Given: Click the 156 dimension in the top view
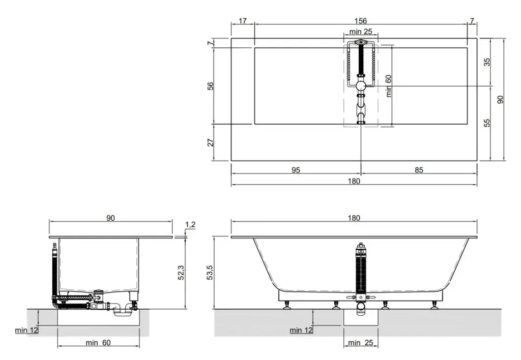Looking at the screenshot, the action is (x=361, y=21).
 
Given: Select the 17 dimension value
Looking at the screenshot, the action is (x=243, y=21).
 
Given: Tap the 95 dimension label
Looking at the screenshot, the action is (x=296, y=170).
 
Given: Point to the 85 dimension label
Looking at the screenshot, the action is (x=419, y=170).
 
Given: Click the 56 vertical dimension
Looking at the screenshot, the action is (x=210, y=86).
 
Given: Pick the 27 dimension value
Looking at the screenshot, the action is (x=210, y=142).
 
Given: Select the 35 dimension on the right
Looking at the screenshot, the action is (x=487, y=62).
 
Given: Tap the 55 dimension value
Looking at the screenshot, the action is (x=487, y=123).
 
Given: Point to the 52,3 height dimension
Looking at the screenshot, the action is (x=181, y=273).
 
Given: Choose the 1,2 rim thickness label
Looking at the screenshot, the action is (x=190, y=225).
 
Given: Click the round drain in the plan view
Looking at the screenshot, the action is (x=361, y=86).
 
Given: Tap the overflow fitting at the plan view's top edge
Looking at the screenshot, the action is (x=361, y=42).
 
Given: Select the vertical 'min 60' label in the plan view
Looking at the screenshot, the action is (x=389, y=86).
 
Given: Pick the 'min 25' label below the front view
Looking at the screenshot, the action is (x=361, y=342).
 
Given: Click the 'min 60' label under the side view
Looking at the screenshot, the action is (x=98, y=342).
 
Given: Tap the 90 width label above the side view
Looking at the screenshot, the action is (x=110, y=218).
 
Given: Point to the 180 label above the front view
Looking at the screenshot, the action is (x=354, y=218).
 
